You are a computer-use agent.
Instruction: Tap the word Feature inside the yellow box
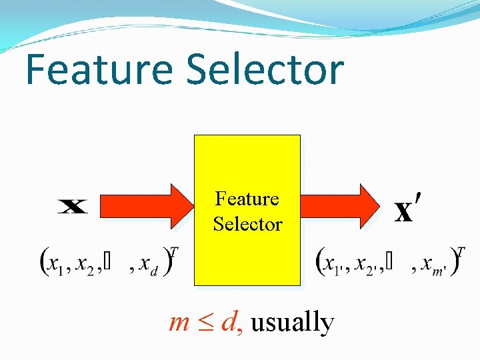(247, 199)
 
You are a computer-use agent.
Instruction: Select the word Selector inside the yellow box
(247, 224)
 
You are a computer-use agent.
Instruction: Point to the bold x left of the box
(73, 207)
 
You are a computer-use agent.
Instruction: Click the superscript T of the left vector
(174, 252)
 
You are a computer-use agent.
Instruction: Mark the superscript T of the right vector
(461, 252)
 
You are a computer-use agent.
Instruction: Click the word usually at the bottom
(292, 323)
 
